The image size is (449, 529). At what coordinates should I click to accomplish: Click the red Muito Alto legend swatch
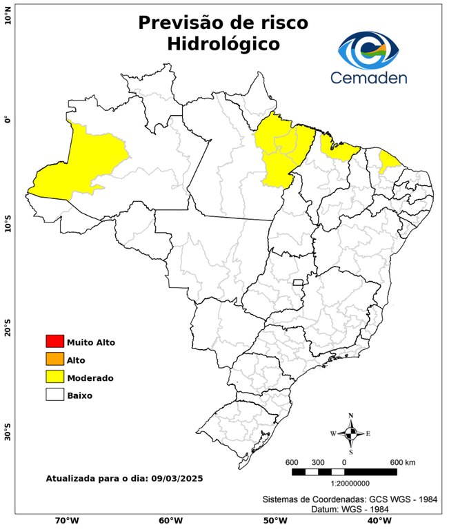tap(54, 342)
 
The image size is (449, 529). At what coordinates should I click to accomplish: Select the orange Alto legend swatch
tap(54, 360)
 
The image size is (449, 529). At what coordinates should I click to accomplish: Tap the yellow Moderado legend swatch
tap(54, 377)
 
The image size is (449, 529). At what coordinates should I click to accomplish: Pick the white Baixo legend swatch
tap(54, 395)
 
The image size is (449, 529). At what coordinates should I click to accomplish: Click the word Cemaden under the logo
tap(368, 78)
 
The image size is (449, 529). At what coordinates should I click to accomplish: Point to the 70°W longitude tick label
tap(66, 521)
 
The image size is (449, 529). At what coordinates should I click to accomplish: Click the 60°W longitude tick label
tap(170, 521)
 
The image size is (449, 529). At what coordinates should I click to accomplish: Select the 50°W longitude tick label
tap(274, 521)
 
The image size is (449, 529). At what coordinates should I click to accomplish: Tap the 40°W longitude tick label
tap(377, 521)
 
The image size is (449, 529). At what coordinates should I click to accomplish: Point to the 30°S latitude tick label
tap(8, 434)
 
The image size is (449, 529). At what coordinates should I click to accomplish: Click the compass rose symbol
tap(350, 433)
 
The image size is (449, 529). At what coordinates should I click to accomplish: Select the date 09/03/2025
tap(176, 478)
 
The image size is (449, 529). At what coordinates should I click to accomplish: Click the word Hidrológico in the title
tap(223, 43)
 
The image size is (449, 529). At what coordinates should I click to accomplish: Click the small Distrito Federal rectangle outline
tap(299, 282)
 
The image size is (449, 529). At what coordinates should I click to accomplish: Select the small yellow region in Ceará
tap(390, 162)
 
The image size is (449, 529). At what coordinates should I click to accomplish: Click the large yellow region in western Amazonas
tap(83, 165)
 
